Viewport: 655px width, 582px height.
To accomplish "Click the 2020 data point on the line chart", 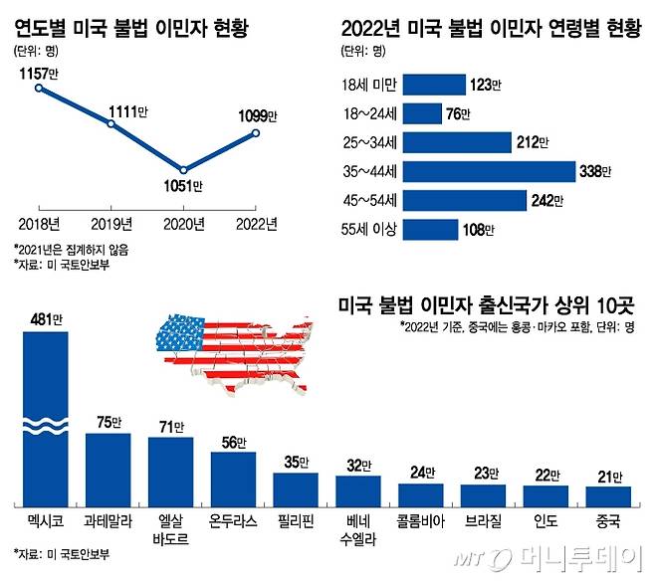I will tap(183, 168).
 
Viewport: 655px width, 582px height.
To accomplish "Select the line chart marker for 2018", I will tap(39, 88).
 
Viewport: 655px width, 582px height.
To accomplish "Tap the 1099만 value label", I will tap(257, 115).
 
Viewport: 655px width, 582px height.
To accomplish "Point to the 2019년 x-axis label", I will tap(111, 222).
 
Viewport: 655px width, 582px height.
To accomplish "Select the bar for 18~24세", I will tap(422, 113).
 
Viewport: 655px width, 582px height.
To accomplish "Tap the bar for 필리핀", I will tap(296, 487).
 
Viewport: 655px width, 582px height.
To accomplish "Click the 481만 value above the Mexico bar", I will tap(45, 319).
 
